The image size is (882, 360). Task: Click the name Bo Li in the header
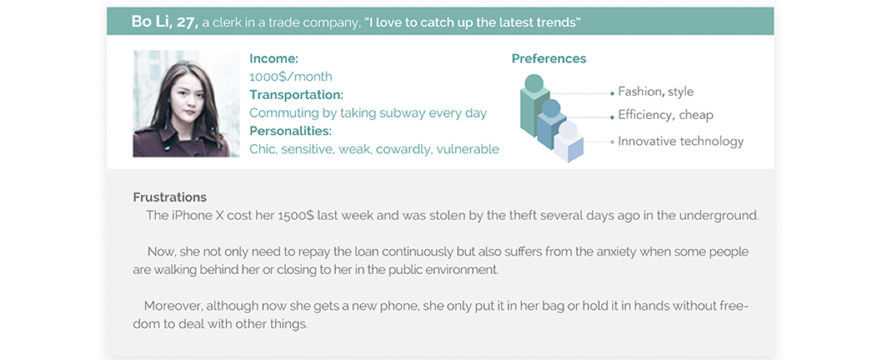coord(151,21)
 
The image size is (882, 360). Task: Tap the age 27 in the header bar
coord(186,22)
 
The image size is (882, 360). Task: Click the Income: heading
coord(274,59)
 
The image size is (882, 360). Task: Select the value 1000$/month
coord(290,76)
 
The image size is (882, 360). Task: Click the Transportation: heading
coord(296,95)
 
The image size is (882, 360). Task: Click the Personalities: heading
coord(290,131)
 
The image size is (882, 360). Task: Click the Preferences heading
coord(549,59)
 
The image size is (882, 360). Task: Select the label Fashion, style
coord(656,92)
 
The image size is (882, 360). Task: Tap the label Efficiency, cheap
coord(665,115)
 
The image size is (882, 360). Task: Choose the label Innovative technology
coord(681,141)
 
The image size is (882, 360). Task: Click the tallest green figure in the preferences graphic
coord(534,106)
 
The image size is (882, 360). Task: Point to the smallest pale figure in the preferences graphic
coord(569,142)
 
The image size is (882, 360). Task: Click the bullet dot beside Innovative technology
coord(612,142)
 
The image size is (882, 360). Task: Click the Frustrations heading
coord(170,197)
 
